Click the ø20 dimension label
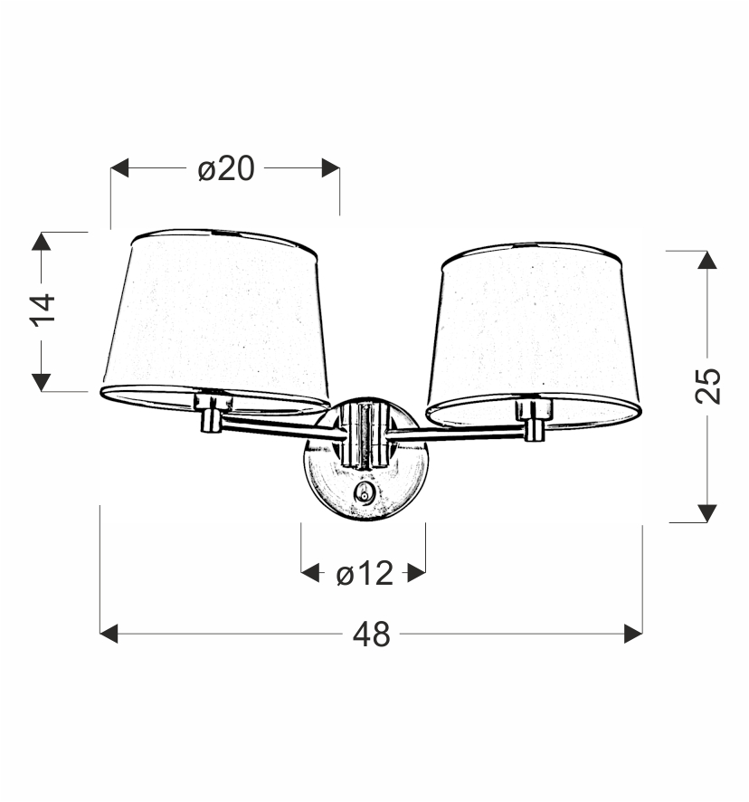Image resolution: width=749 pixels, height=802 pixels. [226, 168]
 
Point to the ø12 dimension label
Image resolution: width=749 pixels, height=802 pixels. [365, 573]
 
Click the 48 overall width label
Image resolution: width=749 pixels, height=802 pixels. [371, 635]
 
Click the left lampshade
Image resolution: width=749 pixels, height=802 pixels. [215, 317]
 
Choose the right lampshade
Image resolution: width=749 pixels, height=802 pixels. [534, 330]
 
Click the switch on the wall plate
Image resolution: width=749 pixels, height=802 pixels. [365, 493]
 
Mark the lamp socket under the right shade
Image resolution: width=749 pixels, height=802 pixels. [534, 418]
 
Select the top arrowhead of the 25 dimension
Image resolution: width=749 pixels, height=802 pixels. [707, 260]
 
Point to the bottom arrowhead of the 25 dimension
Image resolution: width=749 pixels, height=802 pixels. [707, 513]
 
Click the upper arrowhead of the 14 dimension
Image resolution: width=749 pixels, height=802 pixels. [42, 241]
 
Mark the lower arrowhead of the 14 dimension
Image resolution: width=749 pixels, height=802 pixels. [42, 382]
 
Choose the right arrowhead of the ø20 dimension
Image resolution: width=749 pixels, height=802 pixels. [330, 168]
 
